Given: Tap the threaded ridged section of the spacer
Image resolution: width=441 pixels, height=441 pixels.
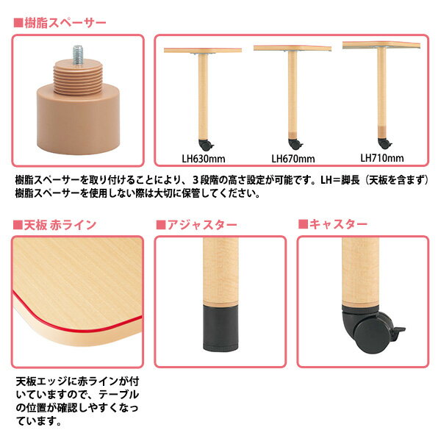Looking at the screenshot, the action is click(x=78, y=80).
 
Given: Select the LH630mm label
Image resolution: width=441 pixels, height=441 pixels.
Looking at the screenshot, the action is click(x=204, y=159).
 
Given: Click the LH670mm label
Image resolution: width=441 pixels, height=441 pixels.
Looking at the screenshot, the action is click(x=293, y=159).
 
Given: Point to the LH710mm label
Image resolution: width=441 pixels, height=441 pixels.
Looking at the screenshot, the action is click(x=382, y=158).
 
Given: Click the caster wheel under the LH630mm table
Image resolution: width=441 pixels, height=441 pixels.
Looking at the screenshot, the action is click(x=206, y=145).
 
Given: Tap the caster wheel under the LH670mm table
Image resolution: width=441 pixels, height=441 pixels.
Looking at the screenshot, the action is click(x=295, y=144).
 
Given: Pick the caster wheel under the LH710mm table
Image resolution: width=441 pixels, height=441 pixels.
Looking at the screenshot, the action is click(x=384, y=144).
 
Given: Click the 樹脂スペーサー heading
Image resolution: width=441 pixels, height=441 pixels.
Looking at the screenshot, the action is click(x=65, y=23).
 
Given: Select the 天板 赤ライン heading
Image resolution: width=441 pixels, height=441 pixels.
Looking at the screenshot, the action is click(x=60, y=225).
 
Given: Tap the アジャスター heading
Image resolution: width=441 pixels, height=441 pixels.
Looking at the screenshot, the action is click(x=202, y=225).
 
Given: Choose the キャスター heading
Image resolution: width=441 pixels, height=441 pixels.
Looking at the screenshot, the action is click(x=338, y=224).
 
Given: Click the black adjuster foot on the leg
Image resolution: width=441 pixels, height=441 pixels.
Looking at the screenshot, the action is click(x=220, y=329).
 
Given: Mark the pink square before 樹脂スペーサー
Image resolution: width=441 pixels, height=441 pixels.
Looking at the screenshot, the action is click(x=18, y=23).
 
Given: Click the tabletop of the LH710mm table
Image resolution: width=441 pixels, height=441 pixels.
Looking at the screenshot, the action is click(x=381, y=45).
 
